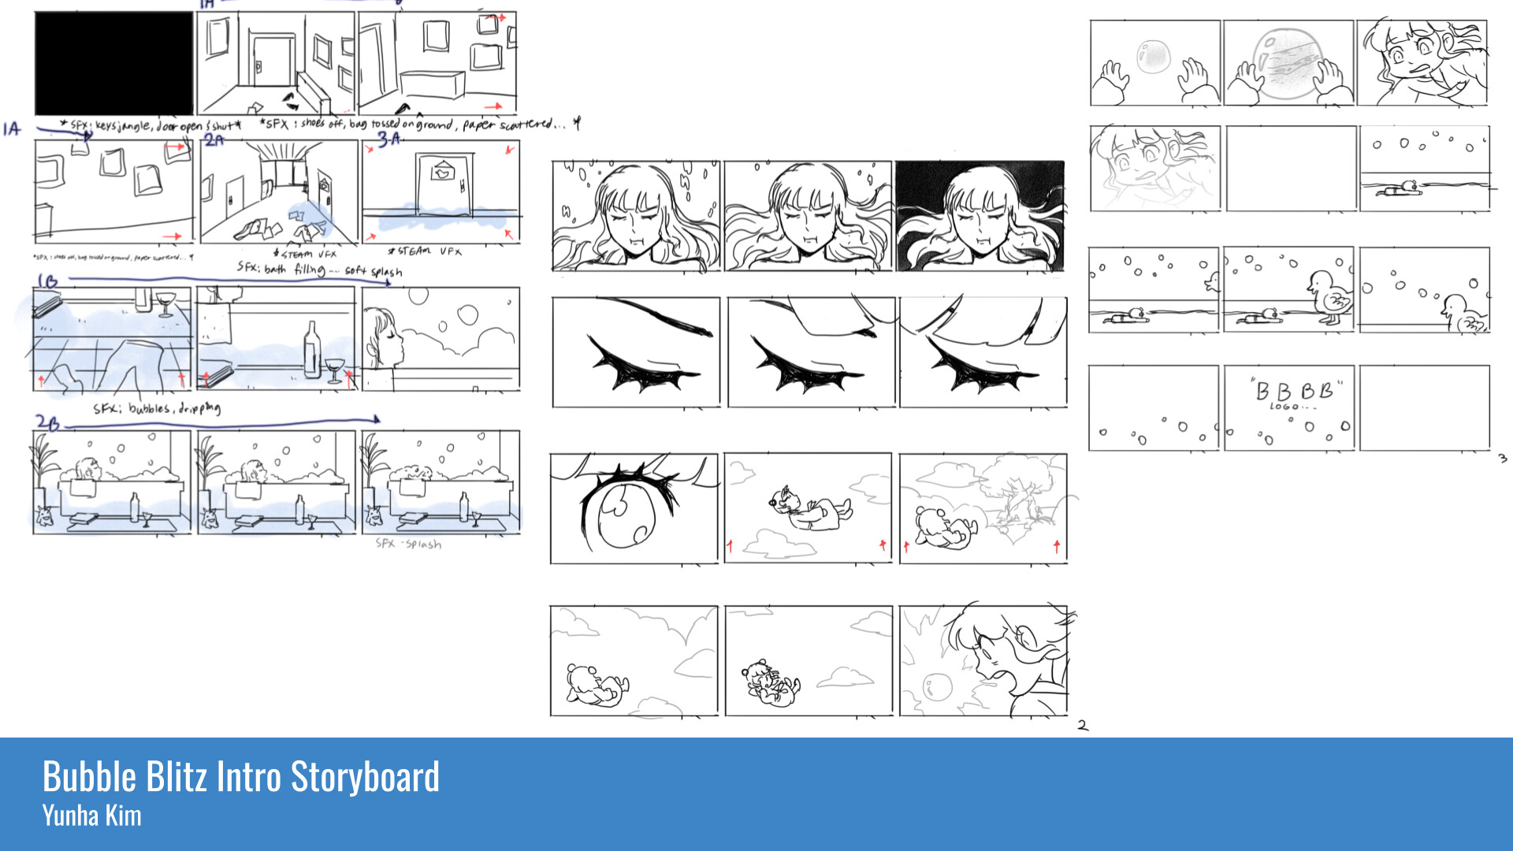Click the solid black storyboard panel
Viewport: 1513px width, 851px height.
point(113,63)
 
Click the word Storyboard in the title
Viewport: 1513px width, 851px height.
point(365,777)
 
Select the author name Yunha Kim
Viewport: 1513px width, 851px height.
point(91,816)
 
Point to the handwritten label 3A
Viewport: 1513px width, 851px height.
point(389,139)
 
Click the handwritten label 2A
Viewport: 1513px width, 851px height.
point(214,140)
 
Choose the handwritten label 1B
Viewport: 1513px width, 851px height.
point(47,281)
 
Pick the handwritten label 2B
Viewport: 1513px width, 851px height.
point(47,423)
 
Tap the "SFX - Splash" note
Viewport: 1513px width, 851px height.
point(408,544)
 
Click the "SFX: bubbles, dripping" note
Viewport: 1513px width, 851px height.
point(157,408)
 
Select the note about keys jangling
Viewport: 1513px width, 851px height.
point(150,125)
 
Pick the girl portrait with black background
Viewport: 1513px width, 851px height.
point(980,217)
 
